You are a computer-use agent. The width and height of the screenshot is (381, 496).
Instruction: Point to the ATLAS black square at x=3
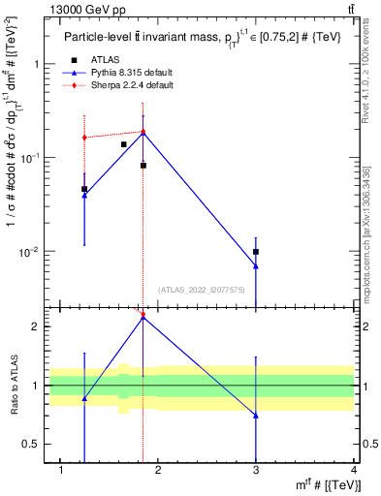[x=256, y=252]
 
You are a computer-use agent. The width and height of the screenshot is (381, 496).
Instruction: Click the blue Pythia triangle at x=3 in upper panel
[x=256, y=266]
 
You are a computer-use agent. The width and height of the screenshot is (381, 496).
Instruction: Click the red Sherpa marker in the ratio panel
[x=143, y=315]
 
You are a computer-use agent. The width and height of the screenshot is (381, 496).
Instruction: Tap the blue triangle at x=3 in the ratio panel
[x=256, y=416]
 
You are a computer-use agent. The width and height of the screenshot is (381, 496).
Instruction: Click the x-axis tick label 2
[x=160, y=471]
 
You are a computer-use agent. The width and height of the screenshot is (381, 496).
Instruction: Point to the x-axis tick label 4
[x=354, y=471]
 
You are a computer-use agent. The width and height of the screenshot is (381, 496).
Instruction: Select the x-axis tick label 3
[x=257, y=471]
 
